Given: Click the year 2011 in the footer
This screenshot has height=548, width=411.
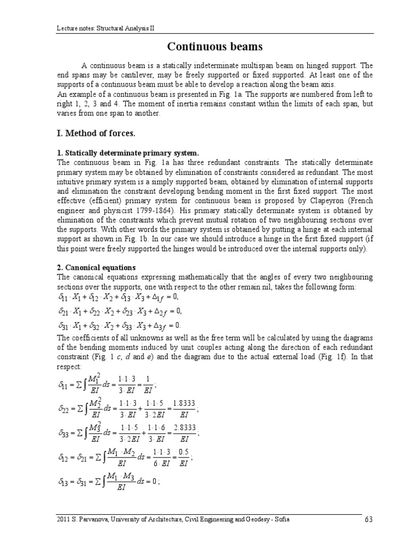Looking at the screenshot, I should tap(63, 520).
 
